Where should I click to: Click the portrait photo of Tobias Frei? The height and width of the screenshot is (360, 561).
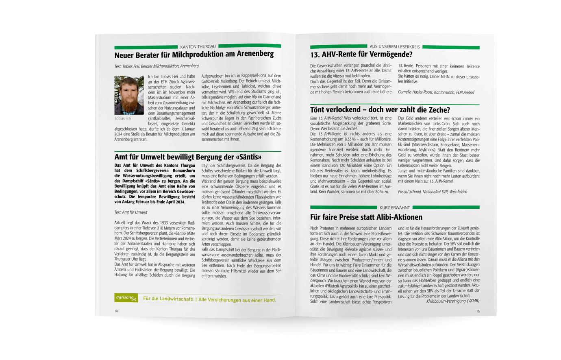tap(129, 95)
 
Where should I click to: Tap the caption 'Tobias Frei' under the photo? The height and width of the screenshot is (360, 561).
tap(123, 118)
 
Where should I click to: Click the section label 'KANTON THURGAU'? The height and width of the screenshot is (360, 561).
tap(198, 47)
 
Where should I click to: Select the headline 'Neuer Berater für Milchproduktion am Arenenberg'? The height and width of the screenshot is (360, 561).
tap(194, 55)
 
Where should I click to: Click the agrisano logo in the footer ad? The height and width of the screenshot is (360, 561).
tap(126, 298)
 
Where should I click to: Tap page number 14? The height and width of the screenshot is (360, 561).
tap(116, 311)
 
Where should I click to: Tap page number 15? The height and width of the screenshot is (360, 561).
tap(478, 311)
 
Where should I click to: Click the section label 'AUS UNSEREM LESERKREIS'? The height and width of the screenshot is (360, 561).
tap(394, 47)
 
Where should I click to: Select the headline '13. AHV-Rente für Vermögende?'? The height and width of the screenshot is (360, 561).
tap(361, 55)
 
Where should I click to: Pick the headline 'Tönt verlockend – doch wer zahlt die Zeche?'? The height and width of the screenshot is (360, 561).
tap(380, 110)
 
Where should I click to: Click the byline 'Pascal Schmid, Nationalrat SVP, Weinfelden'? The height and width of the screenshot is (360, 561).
tap(433, 192)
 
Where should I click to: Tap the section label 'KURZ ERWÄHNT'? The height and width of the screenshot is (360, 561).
tap(394, 207)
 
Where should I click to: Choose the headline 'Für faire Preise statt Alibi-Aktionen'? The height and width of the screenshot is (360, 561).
tap(366, 217)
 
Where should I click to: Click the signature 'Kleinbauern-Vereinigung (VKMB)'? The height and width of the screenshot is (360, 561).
tap(452, 301)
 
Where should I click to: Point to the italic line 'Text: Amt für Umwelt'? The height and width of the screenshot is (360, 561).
tap(130, 212)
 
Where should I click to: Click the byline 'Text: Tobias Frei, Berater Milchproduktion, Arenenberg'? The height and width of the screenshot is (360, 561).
tap(157, 66)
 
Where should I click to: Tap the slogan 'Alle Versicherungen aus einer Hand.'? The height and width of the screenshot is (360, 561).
tap(237, 300)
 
